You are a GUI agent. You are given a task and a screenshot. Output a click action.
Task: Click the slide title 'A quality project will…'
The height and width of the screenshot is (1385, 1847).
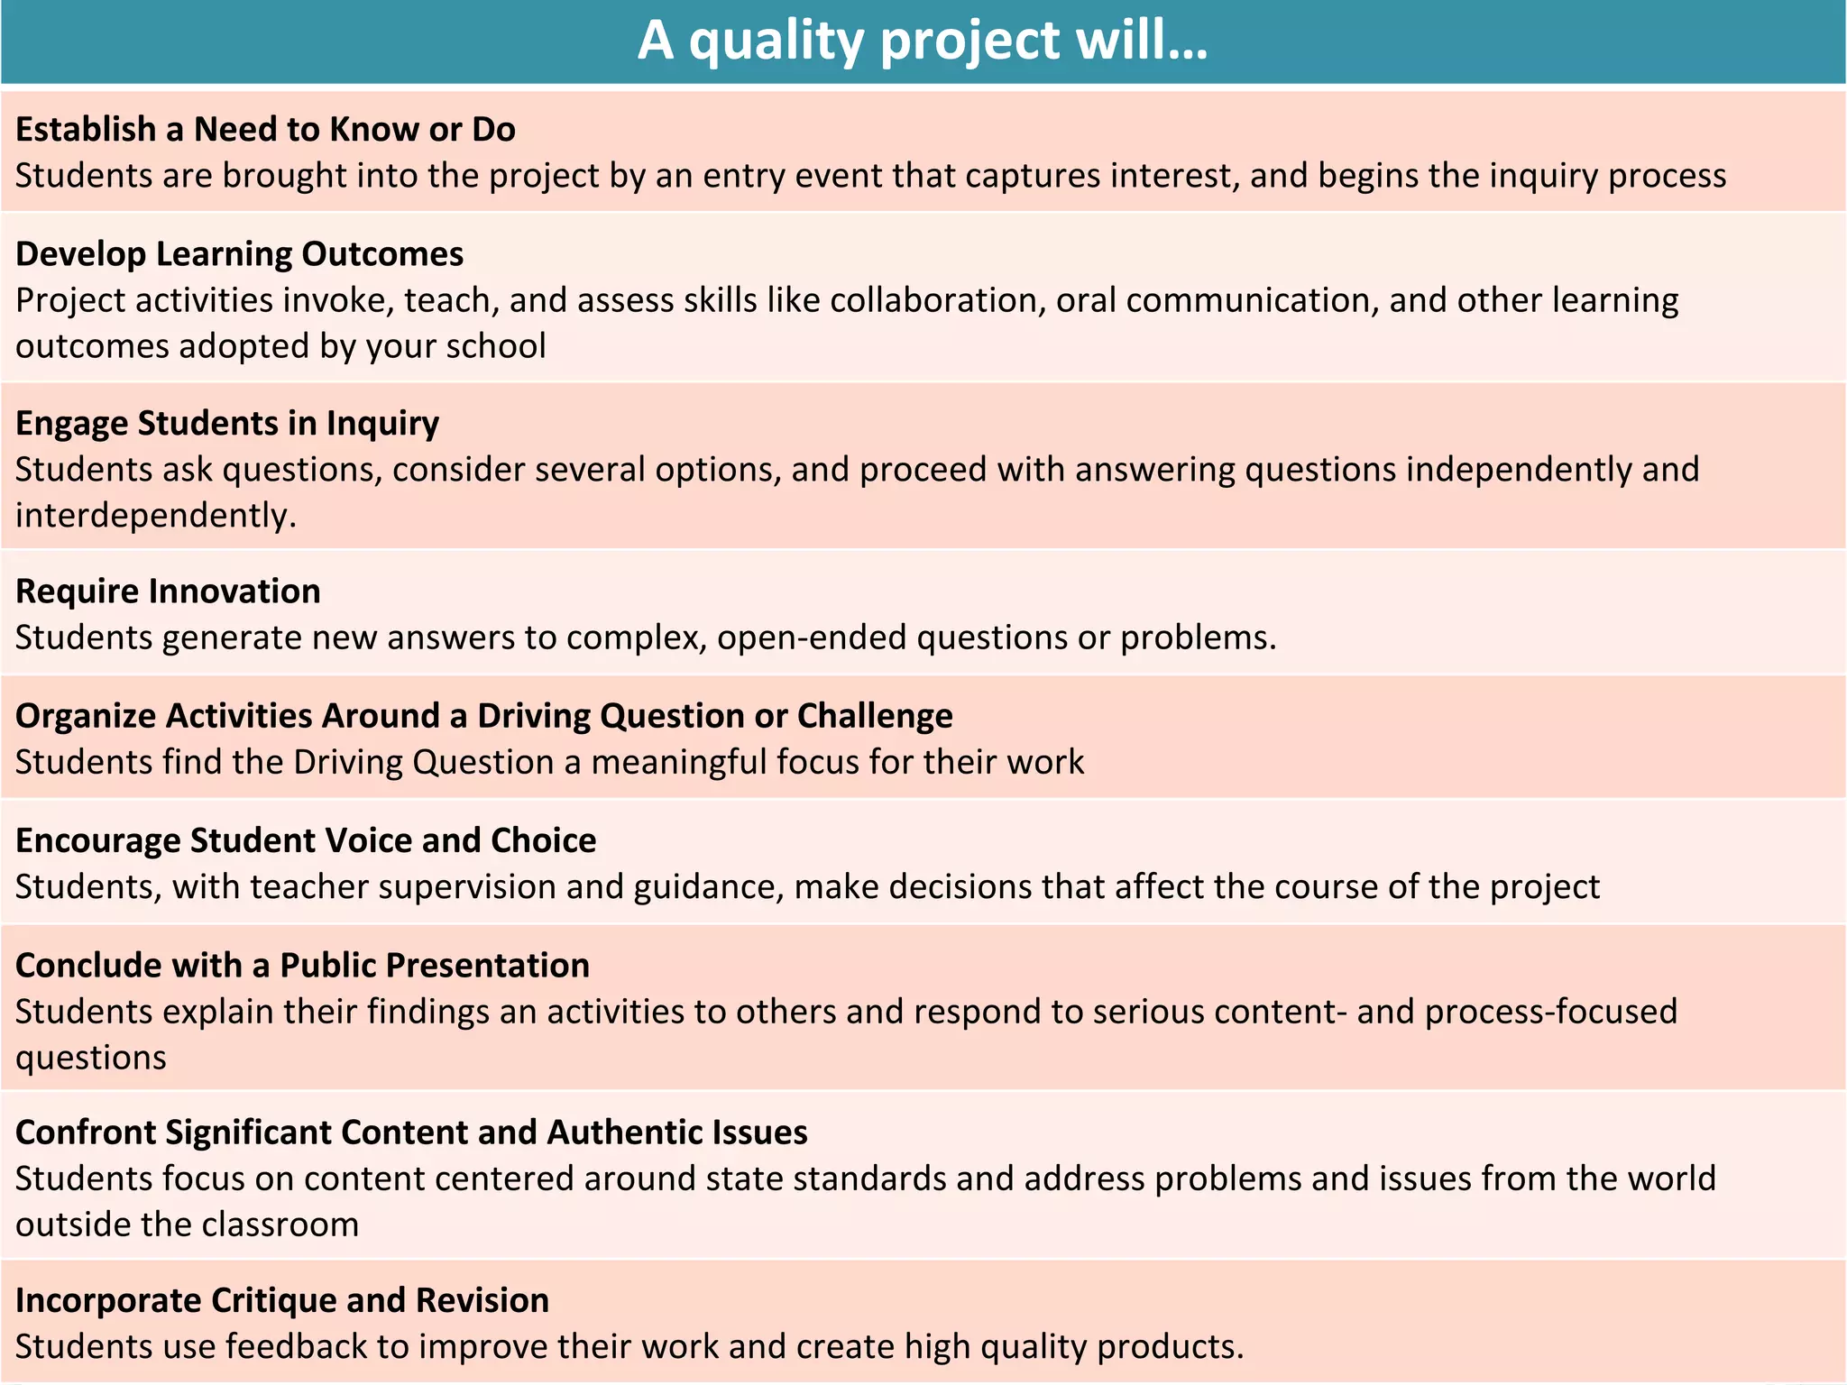tap(923, 41)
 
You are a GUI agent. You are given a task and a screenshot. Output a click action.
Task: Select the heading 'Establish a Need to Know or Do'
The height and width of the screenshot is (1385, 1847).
tap(265, 130)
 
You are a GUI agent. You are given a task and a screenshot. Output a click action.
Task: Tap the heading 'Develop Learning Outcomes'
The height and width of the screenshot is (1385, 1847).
tap(239, 254)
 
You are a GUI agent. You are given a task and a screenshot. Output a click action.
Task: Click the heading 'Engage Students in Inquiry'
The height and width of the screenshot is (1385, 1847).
tap(227, 423)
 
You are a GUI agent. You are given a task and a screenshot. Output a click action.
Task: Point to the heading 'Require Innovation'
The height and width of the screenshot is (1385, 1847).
tap(168, 592)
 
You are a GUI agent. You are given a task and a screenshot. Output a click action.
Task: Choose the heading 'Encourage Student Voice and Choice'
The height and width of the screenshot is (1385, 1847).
tap(306, 840)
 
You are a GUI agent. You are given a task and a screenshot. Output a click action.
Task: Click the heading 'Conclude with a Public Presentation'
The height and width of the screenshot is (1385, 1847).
tap(302, 966)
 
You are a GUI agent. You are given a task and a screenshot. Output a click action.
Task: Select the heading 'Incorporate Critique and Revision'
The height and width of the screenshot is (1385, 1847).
tap(282, 1300)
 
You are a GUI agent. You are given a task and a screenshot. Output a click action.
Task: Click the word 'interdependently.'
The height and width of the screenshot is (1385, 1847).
tap(156, 516)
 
